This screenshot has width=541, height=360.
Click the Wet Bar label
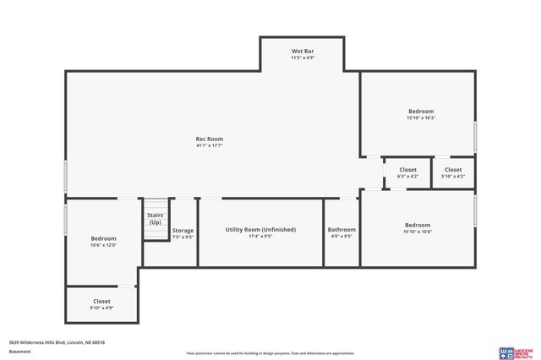click(302, 51)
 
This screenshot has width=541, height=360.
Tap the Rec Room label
click(210, 139)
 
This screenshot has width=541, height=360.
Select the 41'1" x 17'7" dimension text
click(210, 146)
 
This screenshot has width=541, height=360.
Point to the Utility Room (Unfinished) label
click(260, 230)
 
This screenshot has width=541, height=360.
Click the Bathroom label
click(342, 230)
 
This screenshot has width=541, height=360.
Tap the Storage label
click(183, 231)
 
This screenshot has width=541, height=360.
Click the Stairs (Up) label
click(156, 219)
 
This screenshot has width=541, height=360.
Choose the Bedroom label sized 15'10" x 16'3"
click(420, 112)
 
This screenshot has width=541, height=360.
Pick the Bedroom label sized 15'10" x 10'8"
click(418, 225)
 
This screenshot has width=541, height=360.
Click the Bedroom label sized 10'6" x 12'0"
click(103, 238)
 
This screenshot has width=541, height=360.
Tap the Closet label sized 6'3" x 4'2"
click(407, 170)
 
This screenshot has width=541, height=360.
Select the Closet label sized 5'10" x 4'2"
click(453, 170)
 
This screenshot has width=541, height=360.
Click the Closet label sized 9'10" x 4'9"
click(101, 301)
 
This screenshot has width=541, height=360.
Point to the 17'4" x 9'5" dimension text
click(260, 237)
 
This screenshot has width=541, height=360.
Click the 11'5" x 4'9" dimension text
click(302, 57)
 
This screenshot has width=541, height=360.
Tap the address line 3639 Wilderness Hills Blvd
click(57, 342)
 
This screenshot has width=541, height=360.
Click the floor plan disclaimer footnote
click(270, 353)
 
